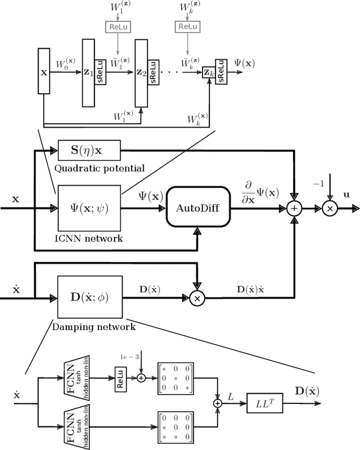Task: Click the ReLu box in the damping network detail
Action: pos(121,379)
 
